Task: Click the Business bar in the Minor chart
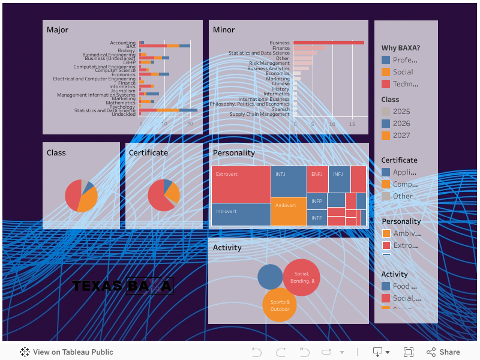(x=328, y=43)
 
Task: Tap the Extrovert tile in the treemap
(x=241, y=184)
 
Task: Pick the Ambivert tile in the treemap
(x=289, y=211)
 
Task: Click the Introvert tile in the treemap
(x=241, y=214)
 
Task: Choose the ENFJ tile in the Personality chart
(x=317, y=179)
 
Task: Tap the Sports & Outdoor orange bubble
(x=280, y=305)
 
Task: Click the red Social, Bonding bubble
(x=302, y=277)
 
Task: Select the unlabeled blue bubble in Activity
(x=270, y=277)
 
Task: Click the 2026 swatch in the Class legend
(x=386, y=124)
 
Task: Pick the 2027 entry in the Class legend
(x=401, y=136)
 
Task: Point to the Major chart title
(x=58, y=30)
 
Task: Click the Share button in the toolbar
(x=443, y=352)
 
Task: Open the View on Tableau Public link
(x=67, y=352)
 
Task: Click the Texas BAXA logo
(x=122, y=286)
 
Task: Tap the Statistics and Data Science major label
(x=105, y=110)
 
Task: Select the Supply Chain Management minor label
(x=259, y=114)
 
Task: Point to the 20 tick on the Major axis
(x=190, y=124)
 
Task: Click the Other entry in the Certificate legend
(x=403, y=196)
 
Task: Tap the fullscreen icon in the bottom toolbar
(x=409, y=352)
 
